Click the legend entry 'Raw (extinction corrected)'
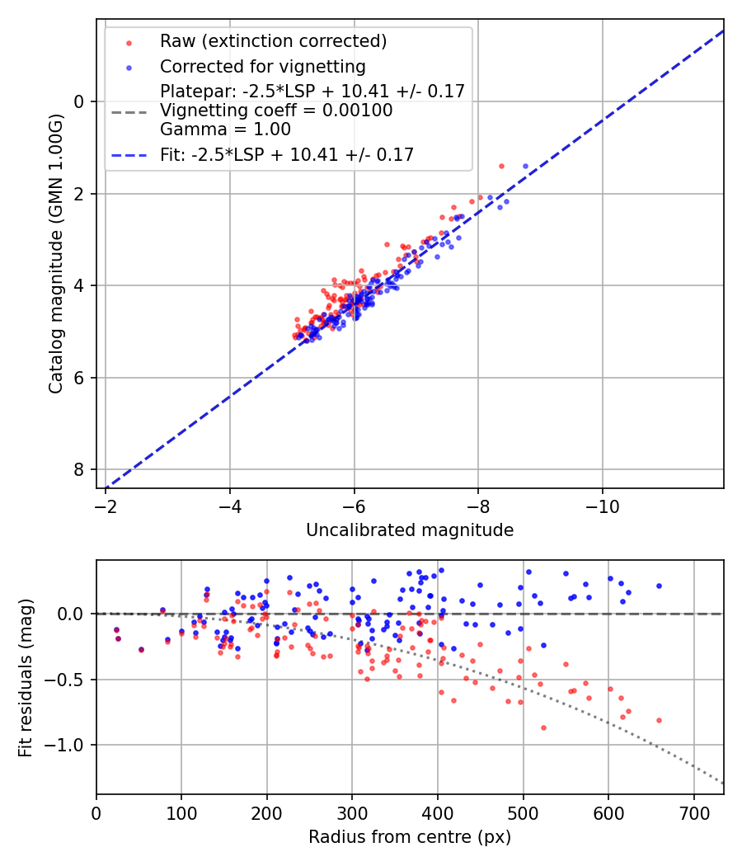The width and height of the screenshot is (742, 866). click(273, 41)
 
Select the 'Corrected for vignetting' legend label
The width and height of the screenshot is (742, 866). click(262, 66)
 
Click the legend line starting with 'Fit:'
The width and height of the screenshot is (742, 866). click(287, 154)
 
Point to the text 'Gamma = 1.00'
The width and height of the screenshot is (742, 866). click(225, 129)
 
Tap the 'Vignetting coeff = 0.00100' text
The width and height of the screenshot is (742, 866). click(276, 110)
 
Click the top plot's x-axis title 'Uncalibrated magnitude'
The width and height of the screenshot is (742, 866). click(410, 530)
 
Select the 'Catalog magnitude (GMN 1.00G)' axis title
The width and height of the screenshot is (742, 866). click(55, 255)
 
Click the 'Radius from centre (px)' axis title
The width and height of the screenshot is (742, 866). click(410, 837)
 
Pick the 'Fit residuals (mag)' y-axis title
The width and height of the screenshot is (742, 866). click(26, 677)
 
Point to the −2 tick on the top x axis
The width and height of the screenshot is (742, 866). click(106, 506)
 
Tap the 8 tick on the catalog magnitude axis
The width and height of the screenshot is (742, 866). click(80, 469)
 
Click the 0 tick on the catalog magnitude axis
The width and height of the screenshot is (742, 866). click(80, 101)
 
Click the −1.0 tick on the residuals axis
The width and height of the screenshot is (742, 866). click(71, 745)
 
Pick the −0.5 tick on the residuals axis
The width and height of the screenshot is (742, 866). click(71, 680)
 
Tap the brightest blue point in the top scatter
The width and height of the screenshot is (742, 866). click(525, 166)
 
